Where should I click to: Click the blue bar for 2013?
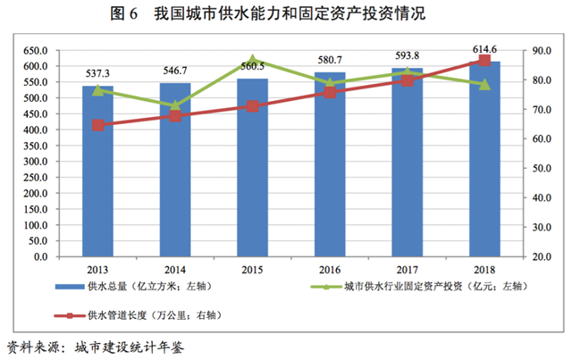coord(97,179)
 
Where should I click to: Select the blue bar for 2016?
coord(329,179)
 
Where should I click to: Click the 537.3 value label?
coord(97,73)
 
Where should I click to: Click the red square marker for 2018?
coord(484,60)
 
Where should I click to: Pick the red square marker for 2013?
coord(97,125)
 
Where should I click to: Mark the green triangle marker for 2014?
coord(175,105)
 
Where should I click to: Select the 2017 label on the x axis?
coord(407,269)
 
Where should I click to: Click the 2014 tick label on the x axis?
coord(175,269)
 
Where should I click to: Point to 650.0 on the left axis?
coord(35,51)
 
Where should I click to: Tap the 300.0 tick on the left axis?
coord(35,162)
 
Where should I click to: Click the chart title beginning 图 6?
coord(286,14)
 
